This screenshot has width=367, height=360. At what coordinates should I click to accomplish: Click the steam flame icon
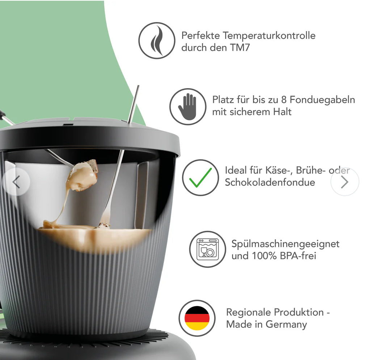(156, 41)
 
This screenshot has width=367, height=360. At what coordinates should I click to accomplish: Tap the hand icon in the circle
(187, 107)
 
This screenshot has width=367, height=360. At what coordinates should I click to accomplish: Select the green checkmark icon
(200, 178)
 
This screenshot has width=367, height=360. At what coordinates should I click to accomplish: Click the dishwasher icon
(207, 249)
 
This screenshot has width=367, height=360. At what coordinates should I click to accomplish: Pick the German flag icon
(197, 318)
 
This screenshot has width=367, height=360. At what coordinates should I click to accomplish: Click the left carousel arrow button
(16, 182)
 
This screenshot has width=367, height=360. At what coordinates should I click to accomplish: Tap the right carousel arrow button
(345, 182)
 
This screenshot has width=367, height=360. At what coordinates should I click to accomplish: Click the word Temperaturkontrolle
(269, 36)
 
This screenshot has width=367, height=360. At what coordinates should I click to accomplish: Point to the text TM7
(240, 47)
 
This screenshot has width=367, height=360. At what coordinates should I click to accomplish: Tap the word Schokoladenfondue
(270, 182)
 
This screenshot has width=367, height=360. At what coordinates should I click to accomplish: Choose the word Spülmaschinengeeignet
(285, 244)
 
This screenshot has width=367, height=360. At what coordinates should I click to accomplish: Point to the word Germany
(286, 324)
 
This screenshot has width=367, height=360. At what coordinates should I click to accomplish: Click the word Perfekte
(201, 36)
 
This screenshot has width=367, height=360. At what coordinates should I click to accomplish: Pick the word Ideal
(236, 170)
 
